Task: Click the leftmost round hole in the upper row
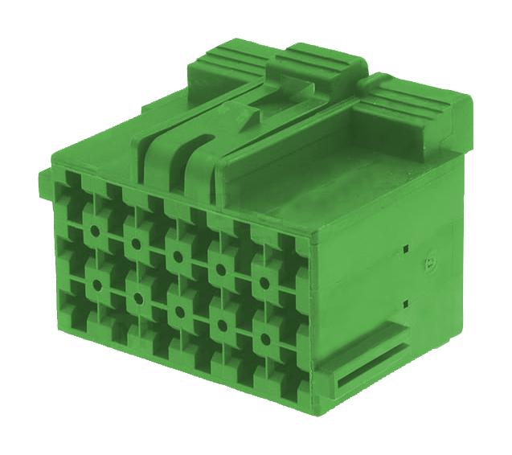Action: pyautogui.click(x=96, y=231)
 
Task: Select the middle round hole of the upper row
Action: pyautogui.click(x=177, y=257)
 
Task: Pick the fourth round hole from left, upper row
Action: pyautogui.click(x=219, y=271)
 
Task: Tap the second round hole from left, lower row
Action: pyautogui.click(x=138, y=298)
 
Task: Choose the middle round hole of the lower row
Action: pyautogui.click(x=179, y=313)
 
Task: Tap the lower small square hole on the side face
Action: pyautogui.click(x=407, y=303)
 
